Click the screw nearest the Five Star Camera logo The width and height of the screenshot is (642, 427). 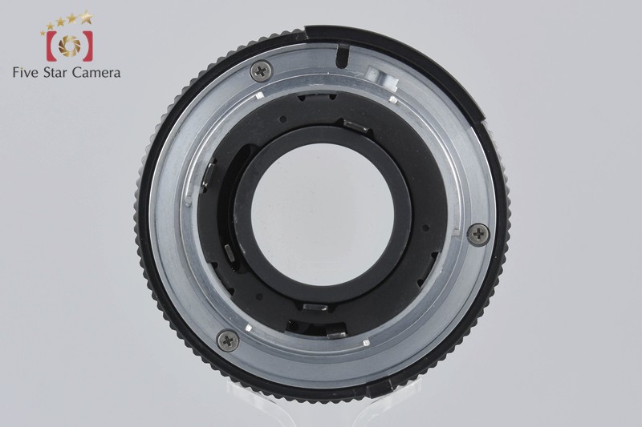(x=261, y=71)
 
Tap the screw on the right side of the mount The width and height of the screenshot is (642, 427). (x=478, y=234)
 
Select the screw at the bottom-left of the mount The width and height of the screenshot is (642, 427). (x=229, y=340)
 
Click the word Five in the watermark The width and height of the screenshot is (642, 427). (x=26, y=73)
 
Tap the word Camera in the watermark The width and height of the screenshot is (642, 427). (x=96, y=73)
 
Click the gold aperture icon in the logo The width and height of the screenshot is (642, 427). (x=70, y=46)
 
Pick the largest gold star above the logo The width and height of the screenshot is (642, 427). (x=86, y=17)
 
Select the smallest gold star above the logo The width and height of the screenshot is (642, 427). (x=43, y=33)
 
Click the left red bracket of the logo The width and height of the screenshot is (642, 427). (x=51, y=46)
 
